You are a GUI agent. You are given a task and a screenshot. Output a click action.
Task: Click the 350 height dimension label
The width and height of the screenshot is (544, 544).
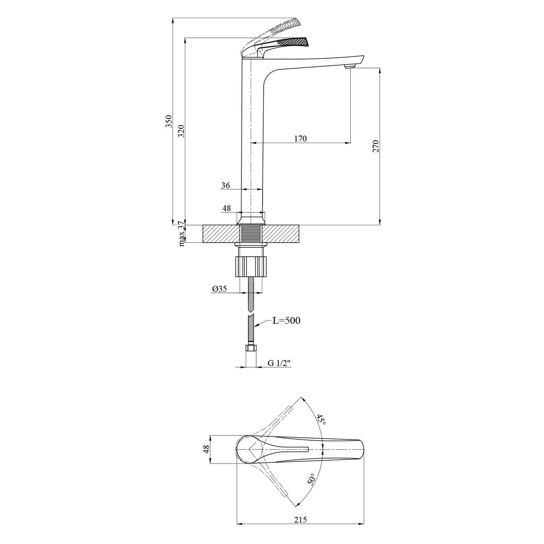[169, 121]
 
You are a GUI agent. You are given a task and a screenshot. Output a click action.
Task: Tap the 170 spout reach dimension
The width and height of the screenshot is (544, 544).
[300, 139]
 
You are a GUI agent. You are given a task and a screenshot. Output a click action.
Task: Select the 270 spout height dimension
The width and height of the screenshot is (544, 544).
[375, 146]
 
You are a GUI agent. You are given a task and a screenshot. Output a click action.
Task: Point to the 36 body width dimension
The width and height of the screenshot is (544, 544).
[226, 185]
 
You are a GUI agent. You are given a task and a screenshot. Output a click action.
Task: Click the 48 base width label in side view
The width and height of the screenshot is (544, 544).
[227, 208]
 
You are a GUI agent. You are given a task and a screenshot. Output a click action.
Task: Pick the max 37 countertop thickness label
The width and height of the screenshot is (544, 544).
[182, 234]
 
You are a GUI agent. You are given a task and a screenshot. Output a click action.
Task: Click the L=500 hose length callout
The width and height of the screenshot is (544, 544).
[286, 320]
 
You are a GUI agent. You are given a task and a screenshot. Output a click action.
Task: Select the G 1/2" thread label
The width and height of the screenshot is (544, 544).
[279, 363]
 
